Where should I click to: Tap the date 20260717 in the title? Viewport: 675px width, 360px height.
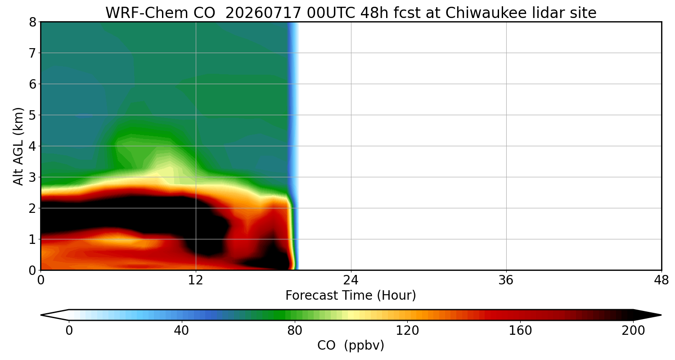pyautogui.click(x=263, y=13)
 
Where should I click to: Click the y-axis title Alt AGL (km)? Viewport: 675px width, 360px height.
pyautogui.click(x=18, y=146)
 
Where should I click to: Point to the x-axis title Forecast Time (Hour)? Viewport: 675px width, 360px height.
pyautogui.click(x=351, y=295)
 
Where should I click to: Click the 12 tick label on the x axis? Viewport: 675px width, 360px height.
pyautogui.click(x=196, y=280)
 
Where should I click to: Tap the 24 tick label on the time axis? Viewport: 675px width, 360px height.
pyautogui.click(x=351, y=280)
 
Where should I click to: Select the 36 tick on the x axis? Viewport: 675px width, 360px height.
pyautogui.click(x=506, y=280)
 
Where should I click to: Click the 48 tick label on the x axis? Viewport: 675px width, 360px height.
pyautogui.click(x=661, y=280)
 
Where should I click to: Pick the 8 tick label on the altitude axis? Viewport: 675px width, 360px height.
pyautogui.click(x=32, y=22)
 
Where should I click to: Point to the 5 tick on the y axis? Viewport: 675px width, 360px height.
pyautogui.click(x=32, y=115)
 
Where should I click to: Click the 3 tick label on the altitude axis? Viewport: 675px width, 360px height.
pyautogui.click(x=32, y=177)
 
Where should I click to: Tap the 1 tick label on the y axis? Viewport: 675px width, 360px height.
pyautogui.click(x=32, y=239)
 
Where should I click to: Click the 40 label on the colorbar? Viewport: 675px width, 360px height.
pyautogui.click(x=181, y=331)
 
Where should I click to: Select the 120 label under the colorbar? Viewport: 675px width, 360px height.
pyautogui.click(x=407, y=331)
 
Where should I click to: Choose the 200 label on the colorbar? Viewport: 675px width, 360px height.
pyautogui.click(x=633, y=331)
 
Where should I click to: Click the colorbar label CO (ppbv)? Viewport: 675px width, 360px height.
pyautogui.click(x=351, y=346)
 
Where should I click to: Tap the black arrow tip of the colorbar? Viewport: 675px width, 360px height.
pyautogui.click(x=661, y=315)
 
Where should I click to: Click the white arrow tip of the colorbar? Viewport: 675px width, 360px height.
pyautogui.click(x=41, y=315)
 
